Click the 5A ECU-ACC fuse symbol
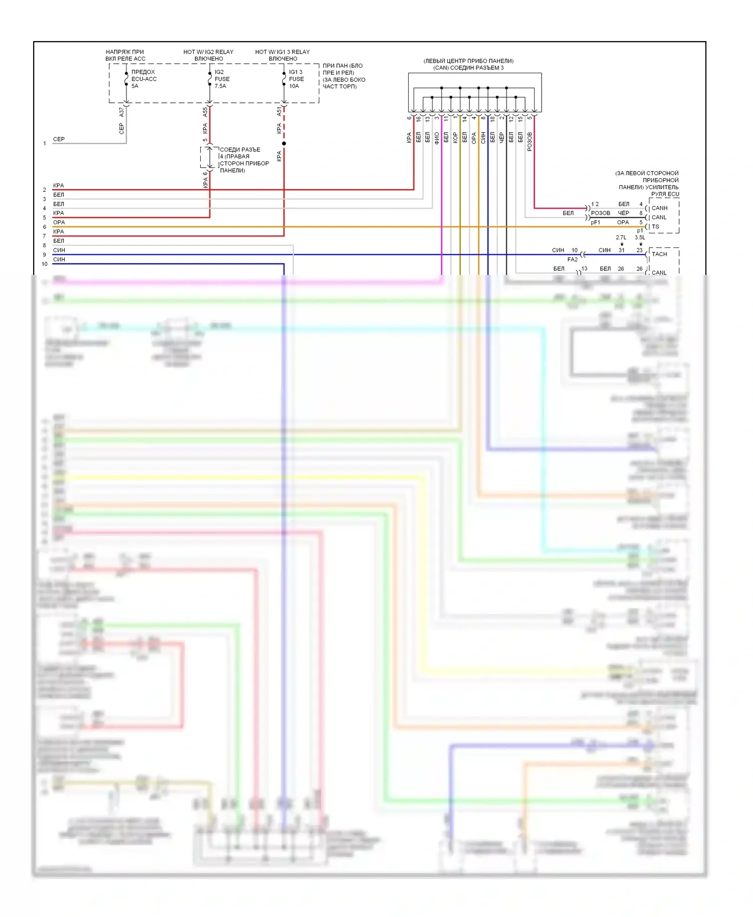pyautogui.click(x=127, y=79)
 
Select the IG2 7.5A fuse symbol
pyautogui.click(x=210, y=79)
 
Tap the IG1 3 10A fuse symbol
pyautogui.click(x=284, y=79)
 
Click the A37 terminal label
pyautogui.click(x=121, y=112)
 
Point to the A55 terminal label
pyautogui.click(x=205, y=112)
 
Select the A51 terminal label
pyautogui.click(x=279, y=112)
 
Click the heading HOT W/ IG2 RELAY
pyautogui.click(x=208, y=52)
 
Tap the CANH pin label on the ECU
pyautogui.click(x=660, y=208)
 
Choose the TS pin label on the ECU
pyautogui.click(x=656, y=227)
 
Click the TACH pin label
pyautogui.click(x=659, y=254)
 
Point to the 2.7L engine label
pyautogui.click(x=621, y=238)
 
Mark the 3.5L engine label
pyautogui.click(x=640, y=238)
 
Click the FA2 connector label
pyautogui.click(x=572, y=260)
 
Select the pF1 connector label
pyautogui.click(x=595, y=223)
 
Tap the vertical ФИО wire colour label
pyautogui.click(x=437, y=138)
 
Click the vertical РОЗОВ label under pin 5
pyautogui.click(x=530, y=141)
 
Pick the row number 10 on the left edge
pyautogui.click(x=45, y=264)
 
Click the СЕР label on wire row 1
pyautogui.click(x=59, y=139)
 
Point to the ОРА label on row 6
pyautogui.click(x=59, y=222)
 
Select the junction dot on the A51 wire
pyautogui.click(x=284, y=143)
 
